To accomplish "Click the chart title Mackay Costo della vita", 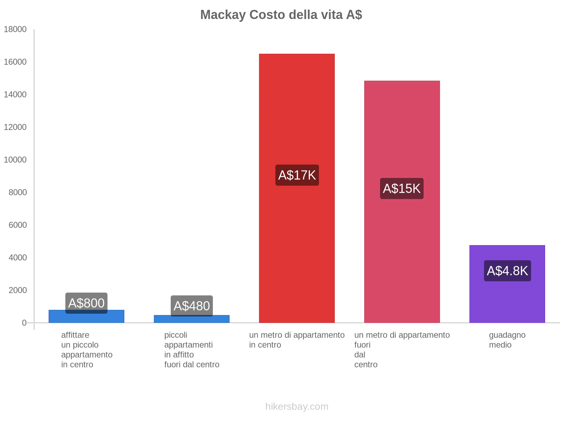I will coord(281,15).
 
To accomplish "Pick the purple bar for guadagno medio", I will coord(507,299).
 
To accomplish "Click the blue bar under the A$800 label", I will coord(86,318).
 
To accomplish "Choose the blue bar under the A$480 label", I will coord(192,319).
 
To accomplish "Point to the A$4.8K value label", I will coord(507,271).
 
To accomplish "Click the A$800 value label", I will coord(86,302).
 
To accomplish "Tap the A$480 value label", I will coord(192,306).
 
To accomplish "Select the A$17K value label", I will coord(297,175).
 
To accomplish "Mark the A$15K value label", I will coord(402,188).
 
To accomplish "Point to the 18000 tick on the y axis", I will coord(15,30).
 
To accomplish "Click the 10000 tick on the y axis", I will coord(15,160).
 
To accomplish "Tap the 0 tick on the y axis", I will coord(24,323).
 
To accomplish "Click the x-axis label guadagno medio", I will coord(507,340).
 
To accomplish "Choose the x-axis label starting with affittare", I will coord(86,350).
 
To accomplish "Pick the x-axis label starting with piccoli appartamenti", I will coord(192,350).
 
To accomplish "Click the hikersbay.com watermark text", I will coord(297,407).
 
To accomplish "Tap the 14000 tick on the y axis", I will coord(15,95).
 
